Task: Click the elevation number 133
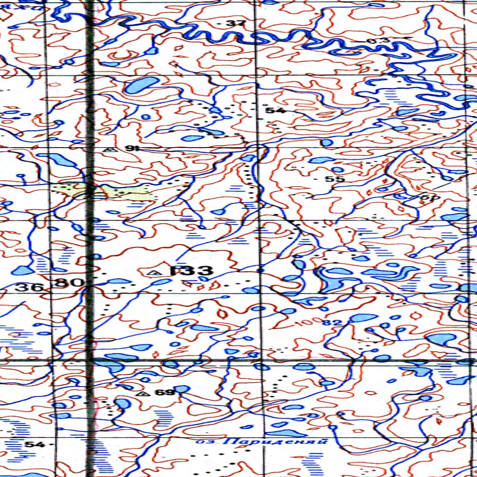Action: click(x=191, y=271)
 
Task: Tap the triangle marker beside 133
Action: click(x=151, y=272)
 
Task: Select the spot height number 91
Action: click(x=132, y=149)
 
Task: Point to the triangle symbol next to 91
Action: click(x=110, y=150)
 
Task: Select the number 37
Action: click(x=232, y=23)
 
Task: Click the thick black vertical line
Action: click(x=90, y=233)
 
